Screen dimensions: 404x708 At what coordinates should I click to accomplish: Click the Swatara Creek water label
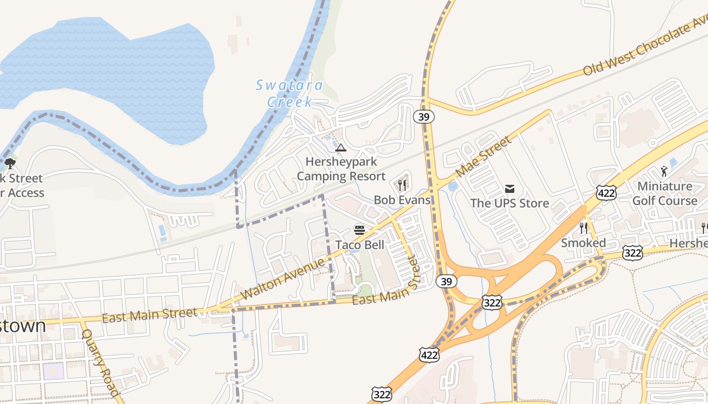point(289,93)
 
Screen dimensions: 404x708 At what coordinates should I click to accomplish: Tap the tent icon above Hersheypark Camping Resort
point(341,148)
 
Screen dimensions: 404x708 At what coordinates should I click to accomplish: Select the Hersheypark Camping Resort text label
point(341,169)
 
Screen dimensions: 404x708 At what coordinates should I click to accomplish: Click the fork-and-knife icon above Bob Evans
point(402,185)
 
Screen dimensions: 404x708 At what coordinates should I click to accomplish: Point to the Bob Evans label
point(402,200)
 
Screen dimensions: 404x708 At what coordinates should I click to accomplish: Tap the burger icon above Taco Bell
point(360,230)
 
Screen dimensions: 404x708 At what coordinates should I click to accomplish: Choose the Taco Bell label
point(360,245)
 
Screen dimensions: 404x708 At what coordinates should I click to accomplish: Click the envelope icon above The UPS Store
point(509,189)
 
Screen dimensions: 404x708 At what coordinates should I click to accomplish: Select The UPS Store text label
point(509,203)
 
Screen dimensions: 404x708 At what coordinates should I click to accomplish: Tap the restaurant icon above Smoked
point(583,228)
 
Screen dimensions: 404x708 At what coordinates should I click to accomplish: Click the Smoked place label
point(583,243)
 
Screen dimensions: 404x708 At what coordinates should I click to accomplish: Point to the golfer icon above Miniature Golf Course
point(664,172)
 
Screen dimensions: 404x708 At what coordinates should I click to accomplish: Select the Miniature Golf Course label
point(665,193)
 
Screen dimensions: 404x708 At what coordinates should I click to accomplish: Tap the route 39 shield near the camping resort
point(423,117)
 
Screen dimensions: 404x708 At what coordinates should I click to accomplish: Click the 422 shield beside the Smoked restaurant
point(605,192)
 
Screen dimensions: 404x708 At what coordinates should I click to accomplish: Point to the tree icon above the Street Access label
point(10,164)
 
